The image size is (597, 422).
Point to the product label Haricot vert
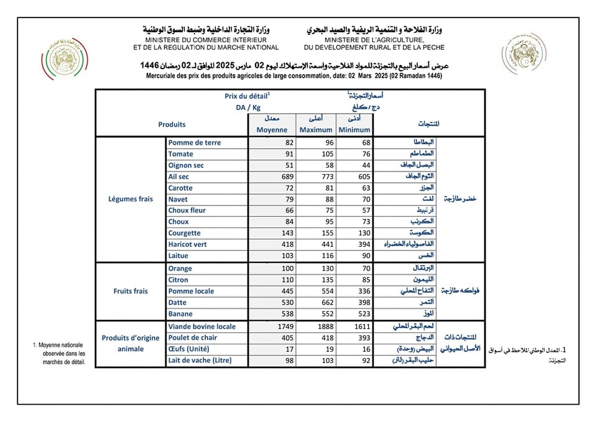[x=187, y=244]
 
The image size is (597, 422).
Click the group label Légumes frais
[x=131, y=200]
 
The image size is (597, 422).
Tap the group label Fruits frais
[x=131, y=291]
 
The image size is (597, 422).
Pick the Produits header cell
[x=172, y=124]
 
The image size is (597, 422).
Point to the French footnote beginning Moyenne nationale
[x=60, y=354]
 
